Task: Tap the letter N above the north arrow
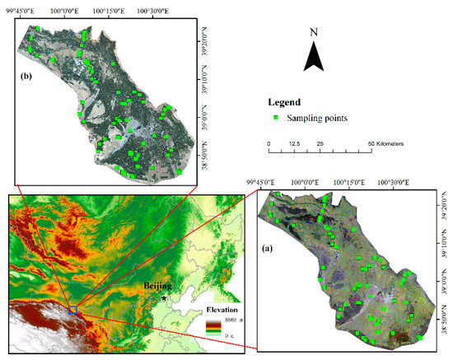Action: point(313,32)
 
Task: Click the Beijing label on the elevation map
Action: point(159,287)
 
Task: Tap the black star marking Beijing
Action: point(165,296)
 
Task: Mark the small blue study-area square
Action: point(72,310)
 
